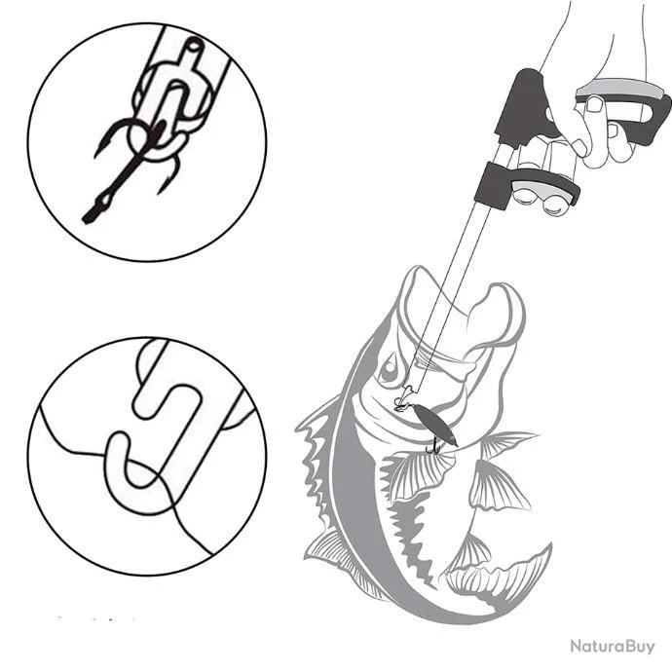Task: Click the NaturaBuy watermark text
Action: (613, 647)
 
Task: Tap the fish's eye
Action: (390, 368)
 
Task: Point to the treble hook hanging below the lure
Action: (433, 447)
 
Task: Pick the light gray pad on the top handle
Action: (620, 89)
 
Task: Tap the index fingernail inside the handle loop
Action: (595, 104)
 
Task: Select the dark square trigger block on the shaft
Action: (492, 185)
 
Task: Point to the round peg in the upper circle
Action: (193, 45)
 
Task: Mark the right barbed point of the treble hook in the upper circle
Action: (170, 175)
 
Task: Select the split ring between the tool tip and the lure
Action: (400, 404)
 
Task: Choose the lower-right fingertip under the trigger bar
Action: (553, 206)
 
